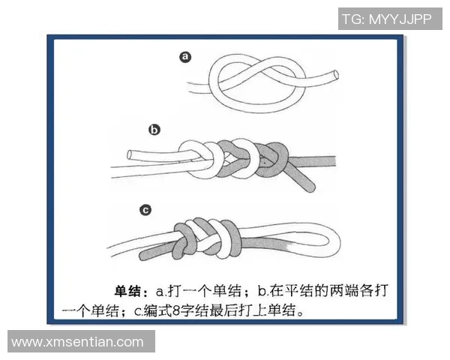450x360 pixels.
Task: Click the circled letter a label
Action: click(186, 57)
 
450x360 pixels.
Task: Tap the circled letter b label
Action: click(154, 130)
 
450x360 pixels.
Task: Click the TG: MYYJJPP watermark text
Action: click(385, 19)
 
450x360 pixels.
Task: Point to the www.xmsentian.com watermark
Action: click(78, 342)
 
